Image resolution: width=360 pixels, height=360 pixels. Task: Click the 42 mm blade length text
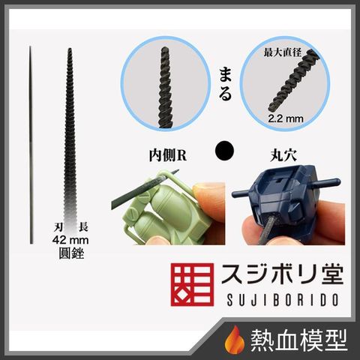[x=70, y=240]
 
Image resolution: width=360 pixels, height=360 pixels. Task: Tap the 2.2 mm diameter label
[x=286, y=118]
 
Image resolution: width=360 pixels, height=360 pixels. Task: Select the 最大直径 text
[x=283, y=52]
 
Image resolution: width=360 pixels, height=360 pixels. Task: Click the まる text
[x=225, y=85]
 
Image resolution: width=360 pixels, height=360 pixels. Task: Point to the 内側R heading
[x=168, y=155]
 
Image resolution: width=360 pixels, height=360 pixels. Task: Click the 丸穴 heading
[x=283, y=155]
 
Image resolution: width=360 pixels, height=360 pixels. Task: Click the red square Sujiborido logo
[x=192, y=284]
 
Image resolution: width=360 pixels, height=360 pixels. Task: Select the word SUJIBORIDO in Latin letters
[x=283, y=300]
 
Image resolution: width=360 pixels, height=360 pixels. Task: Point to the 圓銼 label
[x=71, y=253]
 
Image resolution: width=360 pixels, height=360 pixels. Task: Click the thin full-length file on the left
[x=31, y=145]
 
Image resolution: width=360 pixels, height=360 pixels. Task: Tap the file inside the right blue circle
[x=291, y=80]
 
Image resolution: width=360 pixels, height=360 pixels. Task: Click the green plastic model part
[x=160, y=210]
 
